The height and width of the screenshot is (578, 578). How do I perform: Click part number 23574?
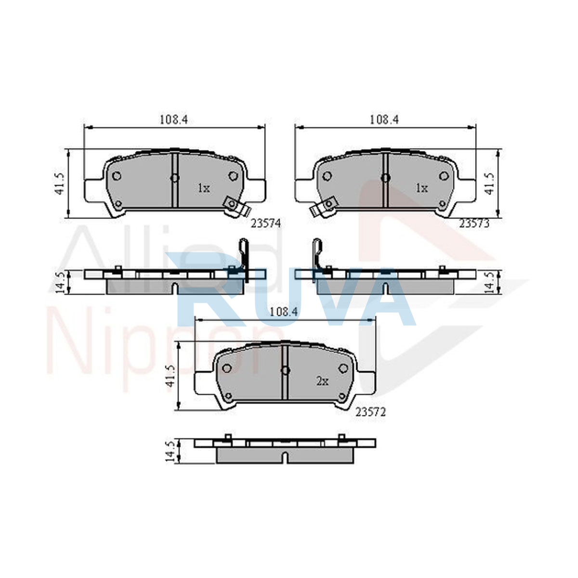point(266,223)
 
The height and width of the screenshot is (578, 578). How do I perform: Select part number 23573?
point(474,223)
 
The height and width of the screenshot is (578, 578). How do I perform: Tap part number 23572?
point(370,412)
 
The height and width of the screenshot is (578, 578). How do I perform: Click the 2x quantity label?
point(322,381)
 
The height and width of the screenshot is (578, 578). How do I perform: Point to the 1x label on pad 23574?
point(204,188)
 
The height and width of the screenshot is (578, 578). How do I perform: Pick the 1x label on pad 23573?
point(421,188)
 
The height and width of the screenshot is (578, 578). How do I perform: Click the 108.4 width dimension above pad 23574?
point(174,119)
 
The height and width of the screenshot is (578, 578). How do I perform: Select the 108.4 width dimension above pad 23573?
point(384,119)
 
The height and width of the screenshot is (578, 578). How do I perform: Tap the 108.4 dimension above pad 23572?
point(283,312)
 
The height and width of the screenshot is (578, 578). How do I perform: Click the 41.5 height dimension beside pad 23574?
point(60,184)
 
